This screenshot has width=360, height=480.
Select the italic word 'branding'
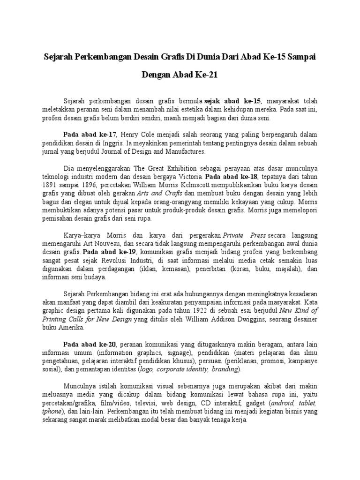click(226, 370)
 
